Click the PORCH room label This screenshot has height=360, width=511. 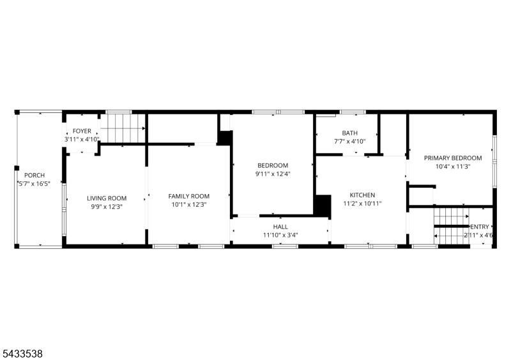click(34, 176)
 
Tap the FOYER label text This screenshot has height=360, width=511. click(82, 131)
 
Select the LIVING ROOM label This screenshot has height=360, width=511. click(107, 198)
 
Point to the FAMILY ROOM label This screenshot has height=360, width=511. click(188, 196)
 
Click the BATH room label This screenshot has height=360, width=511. click(349, 133)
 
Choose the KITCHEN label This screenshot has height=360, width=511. click(362, 195)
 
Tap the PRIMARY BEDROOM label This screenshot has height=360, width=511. click(453, 158)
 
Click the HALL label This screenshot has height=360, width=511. click(280, 227)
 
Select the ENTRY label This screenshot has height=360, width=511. click(480, 227)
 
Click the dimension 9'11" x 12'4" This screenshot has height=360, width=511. click(273, 174)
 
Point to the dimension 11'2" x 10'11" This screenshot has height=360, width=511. click(362, 204)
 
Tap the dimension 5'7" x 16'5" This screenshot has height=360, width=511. click(34, 184)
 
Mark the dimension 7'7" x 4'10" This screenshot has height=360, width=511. click(349, 142)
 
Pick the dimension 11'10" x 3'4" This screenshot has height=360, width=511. click(280, 236)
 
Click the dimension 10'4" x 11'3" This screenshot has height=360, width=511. click(453, 167)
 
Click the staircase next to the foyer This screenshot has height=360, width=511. click(123, 128)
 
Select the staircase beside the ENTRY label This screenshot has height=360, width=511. click(452, 225)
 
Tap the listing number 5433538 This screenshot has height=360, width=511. click(22, 354)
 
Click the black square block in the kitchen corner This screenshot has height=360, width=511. click(323, 206)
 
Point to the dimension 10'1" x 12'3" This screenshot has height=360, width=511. click(189, 205)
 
